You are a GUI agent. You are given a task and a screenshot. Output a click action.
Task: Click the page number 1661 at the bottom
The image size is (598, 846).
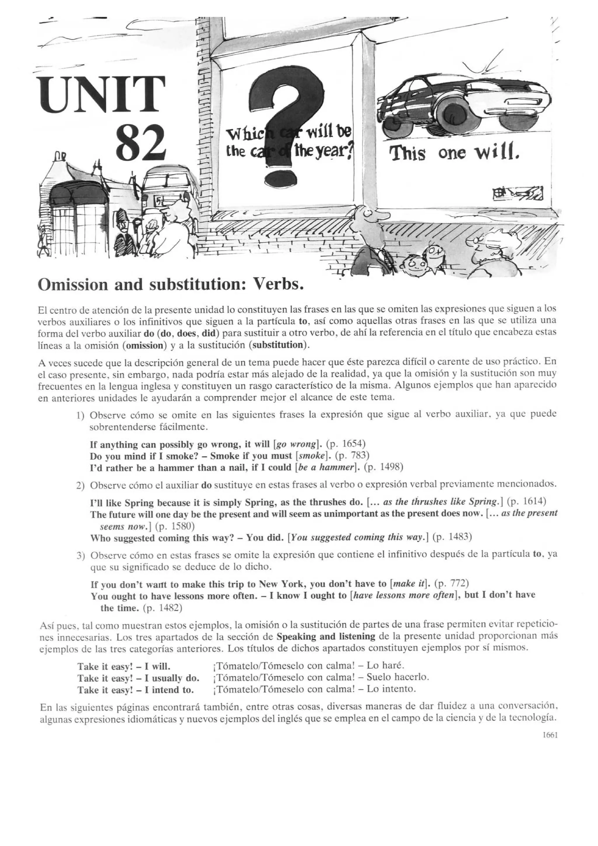coord(550,735)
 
